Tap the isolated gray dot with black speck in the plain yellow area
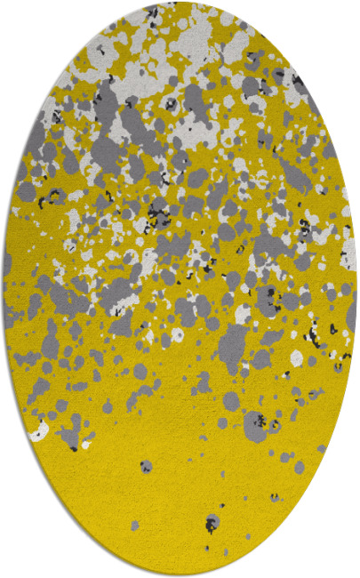[146, 465]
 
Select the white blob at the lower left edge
[38, 433]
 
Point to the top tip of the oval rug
[180, 4]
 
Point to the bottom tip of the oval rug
[180, 574]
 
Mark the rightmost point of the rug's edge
[356, 289]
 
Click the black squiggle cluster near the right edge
[313, 335]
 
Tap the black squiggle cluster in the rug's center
[159, 213]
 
